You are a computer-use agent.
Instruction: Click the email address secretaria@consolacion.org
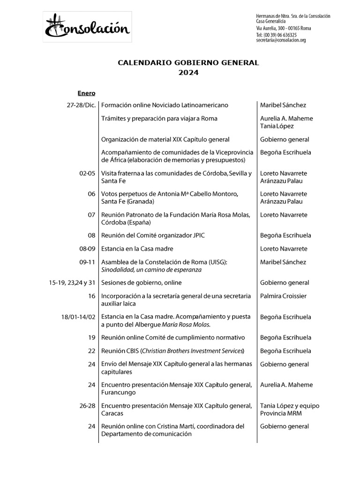[x=281, y=41]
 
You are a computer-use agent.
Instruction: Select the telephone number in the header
[x=276, y=35]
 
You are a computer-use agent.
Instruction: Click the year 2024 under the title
[x=188, y=72]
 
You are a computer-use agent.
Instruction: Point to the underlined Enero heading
[x=86, y=93]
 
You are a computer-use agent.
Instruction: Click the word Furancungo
[x=119, y=393]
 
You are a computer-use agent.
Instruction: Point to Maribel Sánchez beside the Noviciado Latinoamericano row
[x=283, y=105]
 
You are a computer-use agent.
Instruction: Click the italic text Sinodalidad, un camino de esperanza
[x=151, y=270]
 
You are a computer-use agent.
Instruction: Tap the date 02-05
[x=88, y=173]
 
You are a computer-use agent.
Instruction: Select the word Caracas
[x=112, y=413]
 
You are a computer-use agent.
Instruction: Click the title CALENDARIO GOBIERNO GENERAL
[x=188, y=62]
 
